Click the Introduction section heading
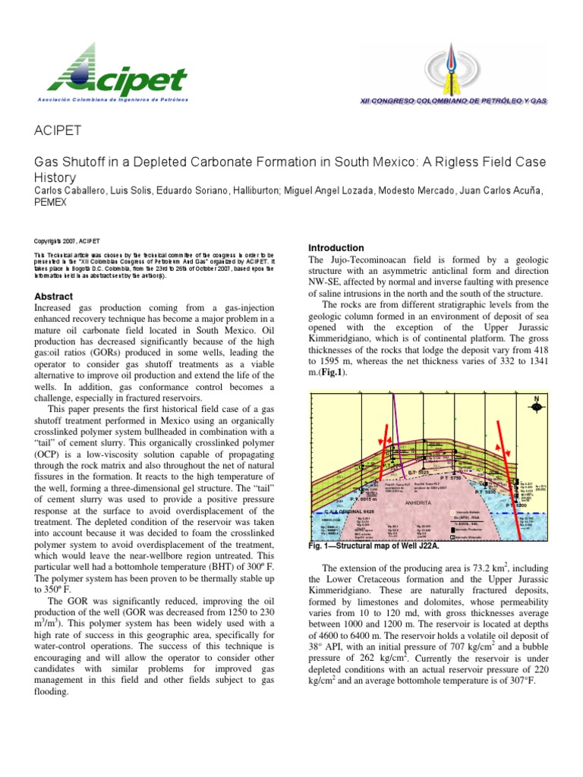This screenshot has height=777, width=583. click(336, 248)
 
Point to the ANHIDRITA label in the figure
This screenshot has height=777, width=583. click(418, 502)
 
